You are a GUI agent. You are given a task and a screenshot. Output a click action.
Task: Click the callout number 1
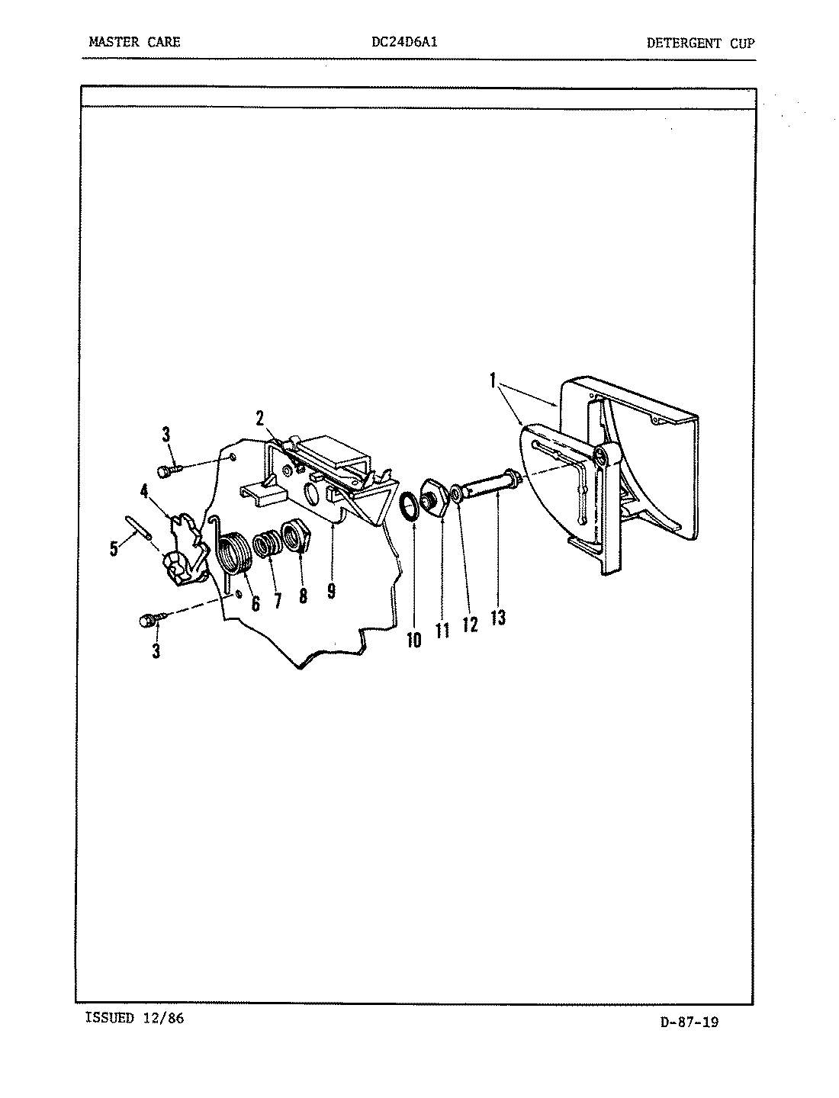pyautogui.click(x=493, y=379)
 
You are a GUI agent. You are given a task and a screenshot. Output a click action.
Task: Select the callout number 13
pyautogui.click(x=498, y=617)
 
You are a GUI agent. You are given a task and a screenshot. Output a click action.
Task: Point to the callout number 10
pyautogui.click(x=413, y=639)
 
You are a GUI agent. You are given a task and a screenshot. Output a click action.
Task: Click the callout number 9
pyautogui.click(x=331, y=592)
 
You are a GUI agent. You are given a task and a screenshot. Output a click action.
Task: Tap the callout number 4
pyautogui.click(x=144, y=491)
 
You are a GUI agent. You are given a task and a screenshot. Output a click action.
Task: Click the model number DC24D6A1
pyautogui.click(x=403, y=42)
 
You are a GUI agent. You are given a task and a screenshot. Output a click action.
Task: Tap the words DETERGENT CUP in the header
pyautogui.click(x=699, y=43)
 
